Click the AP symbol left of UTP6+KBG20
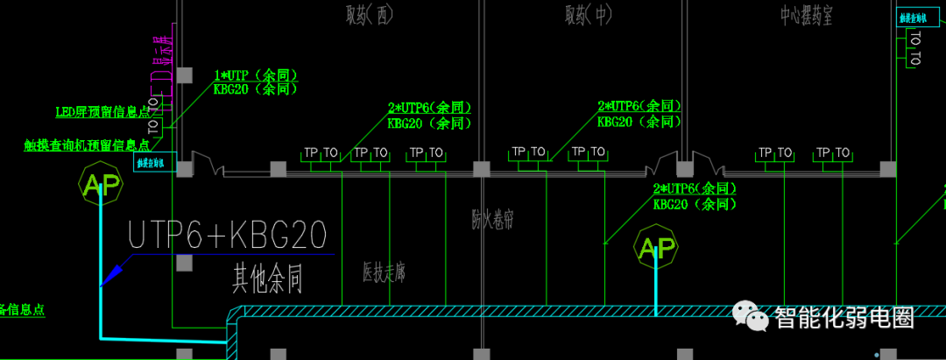99,183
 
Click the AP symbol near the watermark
656,251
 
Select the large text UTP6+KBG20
228,236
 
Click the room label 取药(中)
588,15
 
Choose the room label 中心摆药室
806,15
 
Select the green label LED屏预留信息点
102,111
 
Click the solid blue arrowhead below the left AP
109,277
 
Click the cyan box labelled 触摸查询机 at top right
911,18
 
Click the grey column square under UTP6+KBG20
184,262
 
